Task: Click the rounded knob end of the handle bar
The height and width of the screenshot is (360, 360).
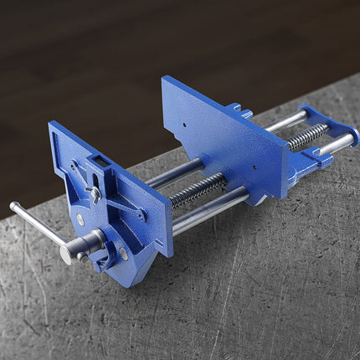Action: coord(14,205)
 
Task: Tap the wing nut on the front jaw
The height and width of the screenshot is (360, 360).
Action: coord(94,194)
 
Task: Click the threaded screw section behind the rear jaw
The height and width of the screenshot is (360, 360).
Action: coord(307,136)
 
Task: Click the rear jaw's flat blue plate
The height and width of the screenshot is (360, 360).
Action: coord(226,134)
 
